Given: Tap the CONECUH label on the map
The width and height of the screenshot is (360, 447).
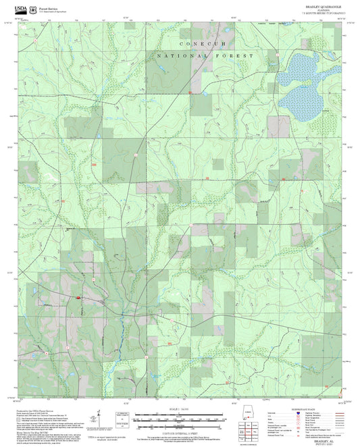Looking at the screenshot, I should (205, 43).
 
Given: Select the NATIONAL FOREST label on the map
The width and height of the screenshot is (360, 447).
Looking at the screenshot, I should (205, 56).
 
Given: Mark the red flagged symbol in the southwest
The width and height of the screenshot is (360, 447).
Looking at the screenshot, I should (79, 298).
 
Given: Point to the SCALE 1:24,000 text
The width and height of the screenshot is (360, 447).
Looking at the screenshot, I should (179, 409).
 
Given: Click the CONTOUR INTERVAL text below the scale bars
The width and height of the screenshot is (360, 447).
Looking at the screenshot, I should (179, 429).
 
